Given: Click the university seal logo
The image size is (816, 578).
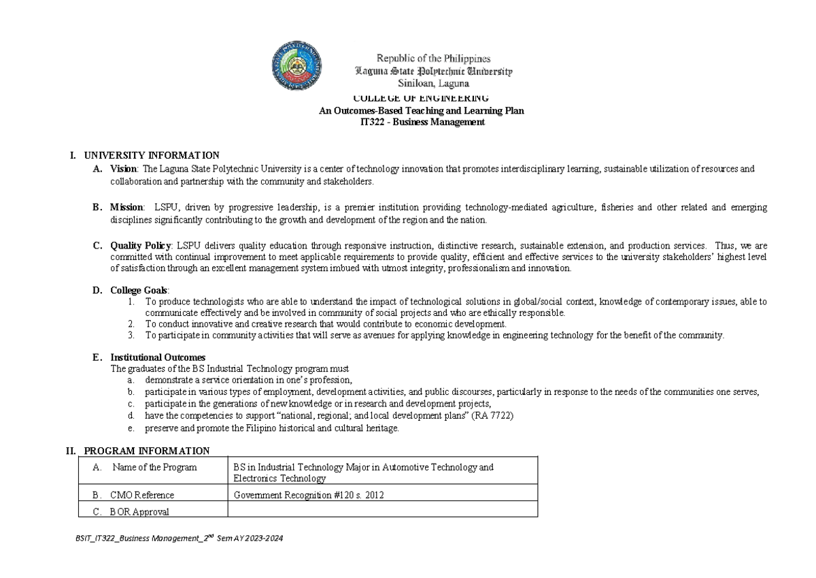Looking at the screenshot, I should click(297, 67).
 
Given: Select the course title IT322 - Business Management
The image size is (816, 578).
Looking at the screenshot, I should click(422, 123).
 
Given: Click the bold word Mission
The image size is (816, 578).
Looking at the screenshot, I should click(126, 207).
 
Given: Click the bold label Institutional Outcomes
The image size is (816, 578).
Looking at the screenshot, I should click(158, 357).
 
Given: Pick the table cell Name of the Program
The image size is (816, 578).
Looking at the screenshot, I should click(154, 467).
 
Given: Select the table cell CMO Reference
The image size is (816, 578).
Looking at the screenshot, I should click(142, 495).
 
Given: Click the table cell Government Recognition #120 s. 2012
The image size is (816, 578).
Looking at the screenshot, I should click(309, 495).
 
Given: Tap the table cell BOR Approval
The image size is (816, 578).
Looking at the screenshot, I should click(139, 511).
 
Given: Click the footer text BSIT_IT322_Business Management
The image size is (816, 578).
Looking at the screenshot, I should click(181, 539).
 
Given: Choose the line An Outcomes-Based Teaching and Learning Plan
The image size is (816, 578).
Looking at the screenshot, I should click(422, 110).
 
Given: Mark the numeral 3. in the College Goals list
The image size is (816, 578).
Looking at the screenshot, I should click(131, 335).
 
